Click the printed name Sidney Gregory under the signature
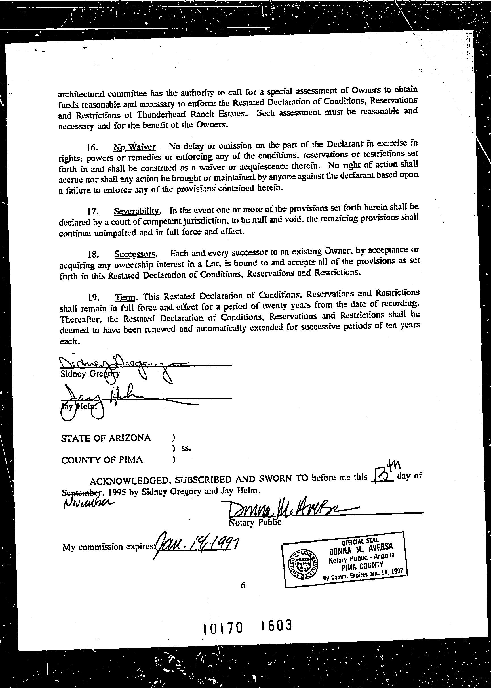point(90,374)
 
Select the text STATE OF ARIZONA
point(106,438)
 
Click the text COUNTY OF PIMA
point(102,460)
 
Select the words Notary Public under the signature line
point(256,522)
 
